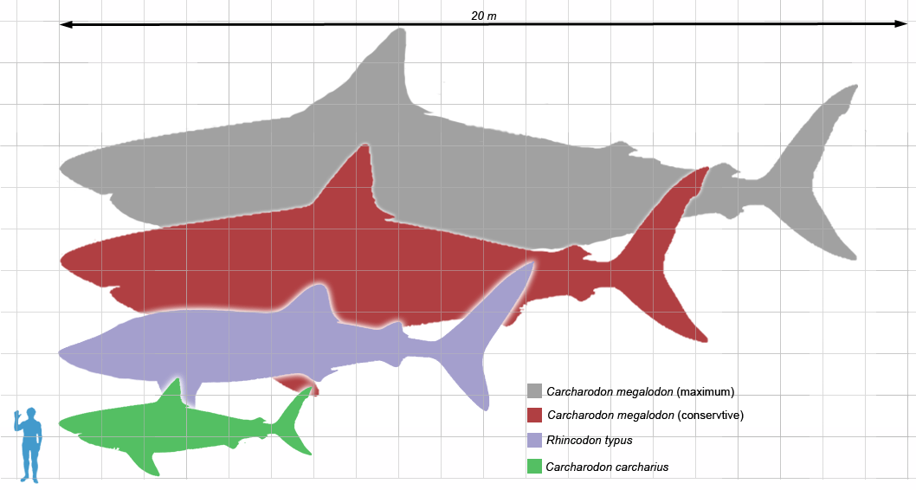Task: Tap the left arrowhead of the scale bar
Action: [x=65, y=25]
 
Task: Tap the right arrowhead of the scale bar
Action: [x=900, y=25]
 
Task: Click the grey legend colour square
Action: [x=535, y=391]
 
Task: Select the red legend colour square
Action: [x=535, y=416]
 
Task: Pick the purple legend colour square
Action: [x=535, y=441]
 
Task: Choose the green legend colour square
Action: [x=535, y=467]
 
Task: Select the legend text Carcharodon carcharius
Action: [x=607, y=467]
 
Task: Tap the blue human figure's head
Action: [x=31, y=415]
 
